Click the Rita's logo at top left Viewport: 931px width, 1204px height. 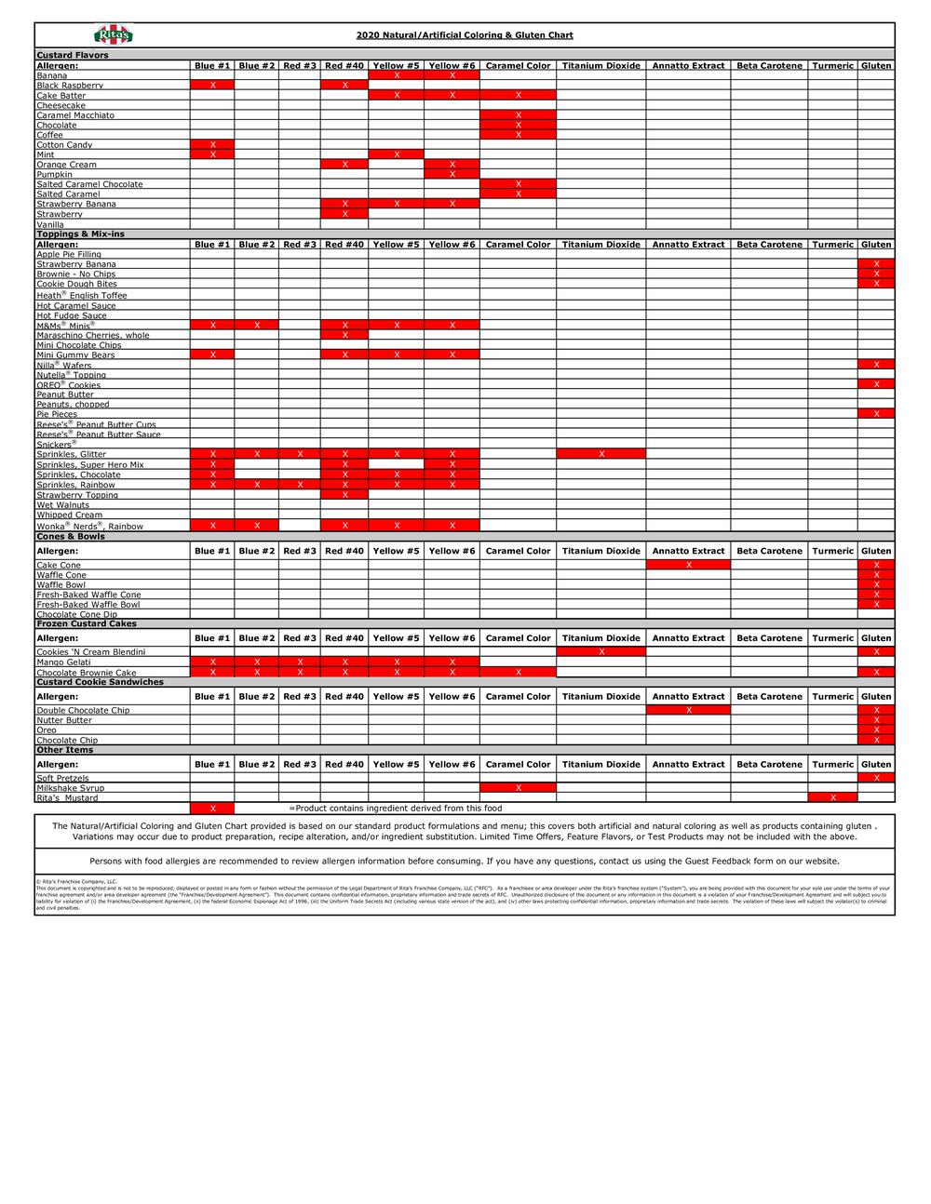pyautogui.click(x=114, y=34)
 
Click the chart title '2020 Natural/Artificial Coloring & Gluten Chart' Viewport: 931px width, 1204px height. pyautogui.click(x=465, y=35)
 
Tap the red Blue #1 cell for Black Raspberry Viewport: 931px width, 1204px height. pyautogui.click(x=212, y=86)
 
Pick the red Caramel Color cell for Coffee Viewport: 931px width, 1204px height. pyautogui.click(x=518, y=135)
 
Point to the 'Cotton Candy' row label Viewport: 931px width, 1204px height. pyautogui.click(x=64, y=145)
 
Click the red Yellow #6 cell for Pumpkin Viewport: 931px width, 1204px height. pyautogui.click(x=452, y=174)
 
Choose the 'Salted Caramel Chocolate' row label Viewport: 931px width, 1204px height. pyautogui.click(x=89, y=184)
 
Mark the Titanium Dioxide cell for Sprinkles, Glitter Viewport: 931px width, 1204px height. pyautogui.click(x=601, y=454)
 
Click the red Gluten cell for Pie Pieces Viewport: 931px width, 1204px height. pyautogui.click(x=876, y=414)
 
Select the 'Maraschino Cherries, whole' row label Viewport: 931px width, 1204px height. pyautogui.click(x=92, y=335)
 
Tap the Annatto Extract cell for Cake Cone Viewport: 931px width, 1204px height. pyautogui.click(x=688, y=565)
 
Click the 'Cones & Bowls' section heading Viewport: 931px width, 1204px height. pyautogui.click(x=71, y=537)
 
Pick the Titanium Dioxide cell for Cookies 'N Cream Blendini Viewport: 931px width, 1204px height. pyautogui.click(x=601, y=652)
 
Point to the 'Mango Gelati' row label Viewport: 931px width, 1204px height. pyautogui.click(x=63, y=662)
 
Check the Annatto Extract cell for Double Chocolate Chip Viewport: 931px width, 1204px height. pyautogui.click(x=688, y=711)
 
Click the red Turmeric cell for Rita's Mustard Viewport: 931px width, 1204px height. pyautogui.click(x=832, y=797)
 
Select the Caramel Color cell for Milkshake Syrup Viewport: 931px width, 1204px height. pyautogui.click(x=518, y=788)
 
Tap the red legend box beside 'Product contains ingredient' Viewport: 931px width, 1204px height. pyautogui.click(x=212, y=809)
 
